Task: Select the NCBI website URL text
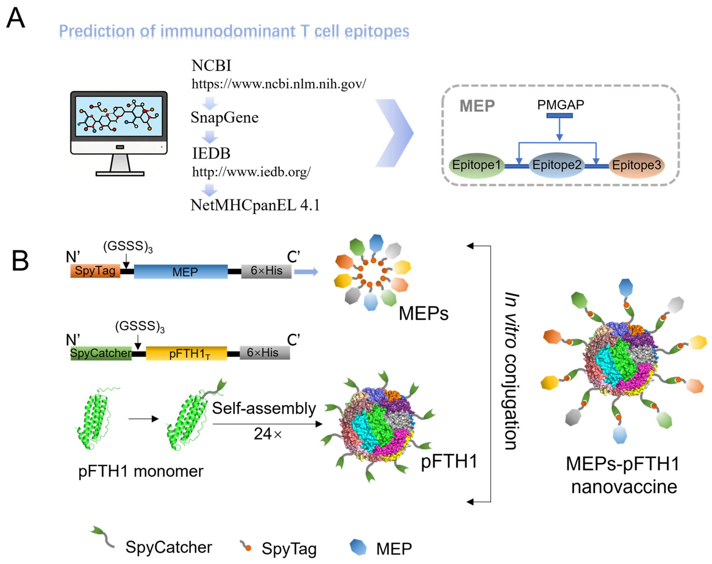pos(278,84)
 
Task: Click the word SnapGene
pos(224,118)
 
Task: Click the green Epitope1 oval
pos(476,165)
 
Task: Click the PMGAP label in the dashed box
pos(560,105)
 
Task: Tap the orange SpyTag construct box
pos(95,271)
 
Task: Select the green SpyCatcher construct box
pos(101,353)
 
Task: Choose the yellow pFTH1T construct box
pos(186,353)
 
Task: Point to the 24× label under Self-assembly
pos(267,434)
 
